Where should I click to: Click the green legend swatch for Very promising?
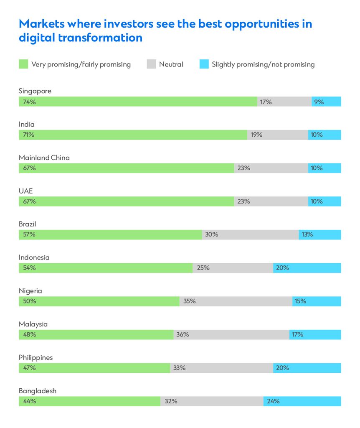23,64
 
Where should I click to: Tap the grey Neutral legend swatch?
151,64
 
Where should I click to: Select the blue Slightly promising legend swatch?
204,64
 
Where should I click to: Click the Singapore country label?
35,91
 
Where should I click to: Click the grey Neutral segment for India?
278,135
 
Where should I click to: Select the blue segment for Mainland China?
325,168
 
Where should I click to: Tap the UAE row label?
25,191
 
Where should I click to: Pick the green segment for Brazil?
110,234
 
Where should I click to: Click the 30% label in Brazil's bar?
211,234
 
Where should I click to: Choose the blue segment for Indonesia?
307,268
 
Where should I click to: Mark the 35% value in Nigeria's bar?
189,301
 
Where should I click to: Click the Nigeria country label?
30,290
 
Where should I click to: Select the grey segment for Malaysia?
231,334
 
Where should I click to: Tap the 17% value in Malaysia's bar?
297,334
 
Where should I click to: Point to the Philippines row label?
35,357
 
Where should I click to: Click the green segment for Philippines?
94,368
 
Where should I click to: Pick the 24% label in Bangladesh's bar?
273,401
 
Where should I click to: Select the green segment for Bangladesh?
89,401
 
